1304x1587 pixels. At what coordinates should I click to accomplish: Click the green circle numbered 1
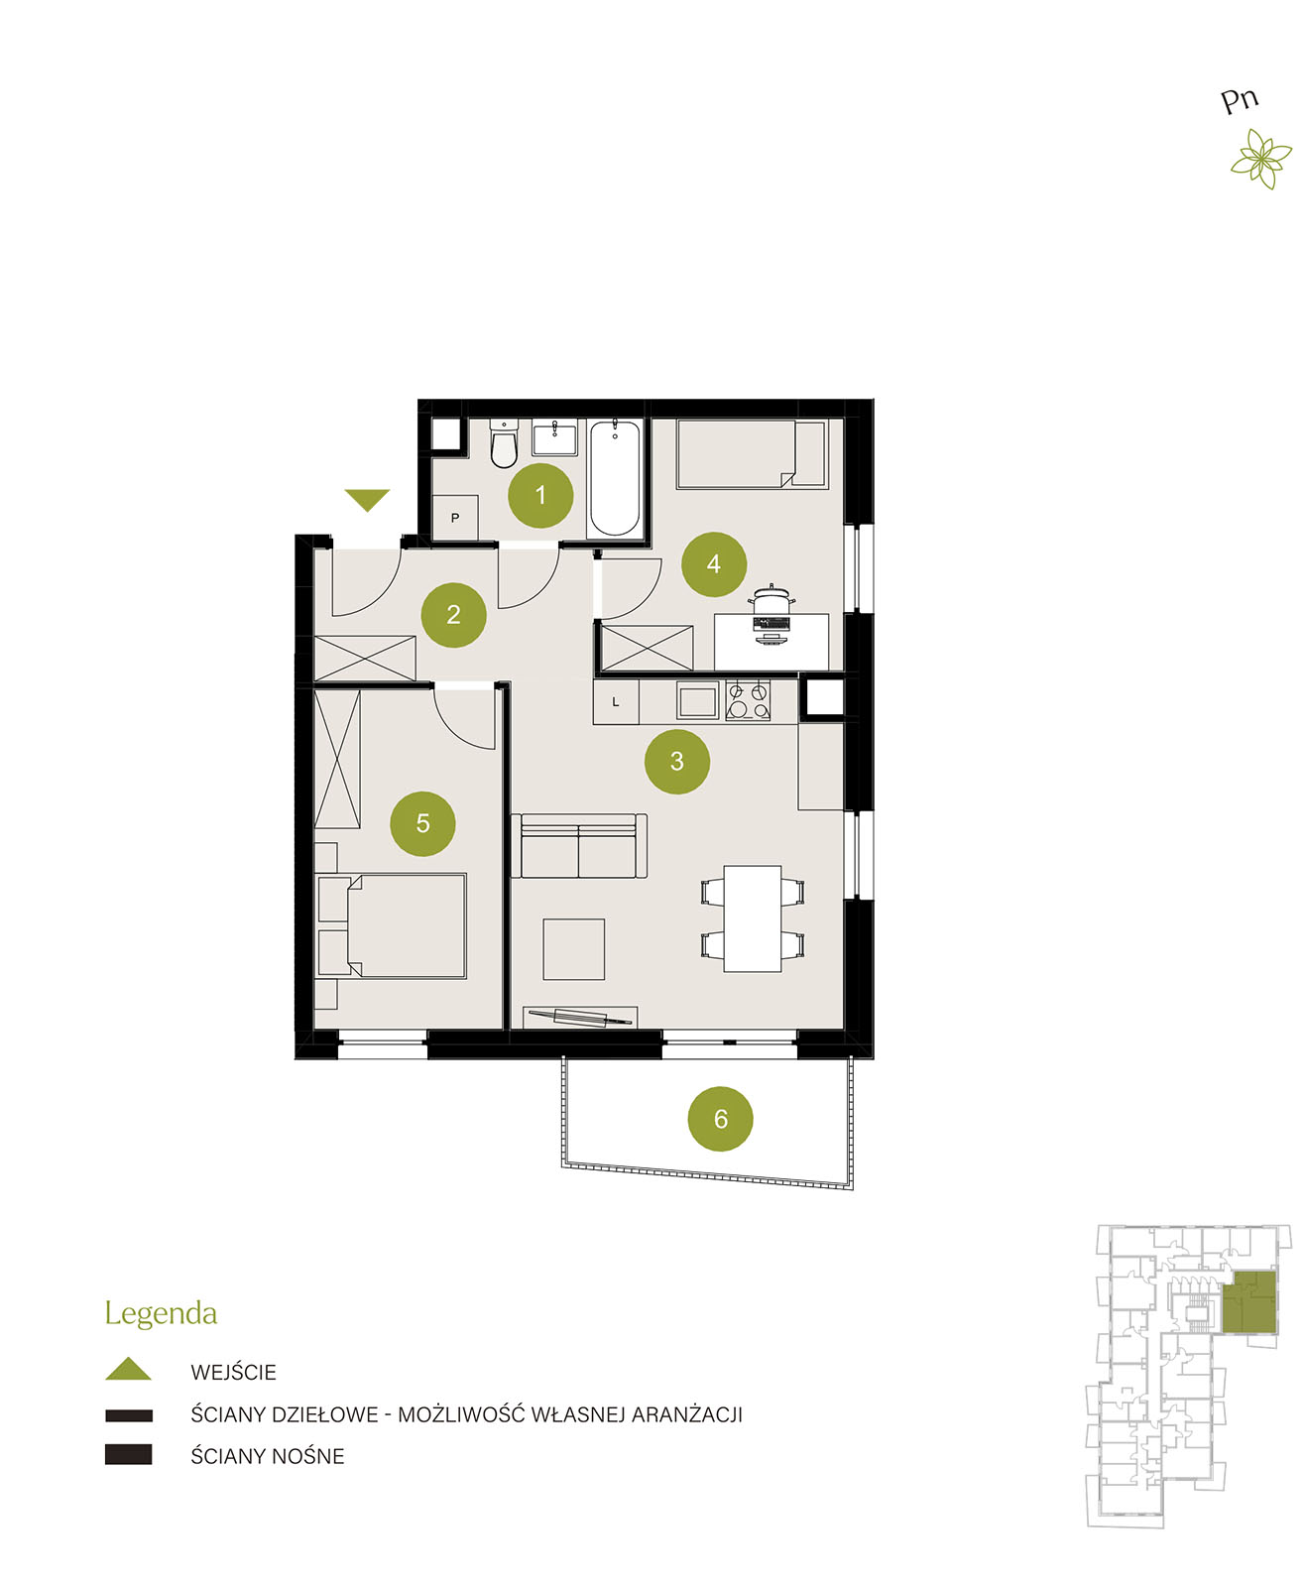(540, 495)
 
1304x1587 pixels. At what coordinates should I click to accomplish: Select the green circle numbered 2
(453, 615)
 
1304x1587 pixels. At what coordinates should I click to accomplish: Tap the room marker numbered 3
(676, 762)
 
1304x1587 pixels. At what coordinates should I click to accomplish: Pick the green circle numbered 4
(713, 563)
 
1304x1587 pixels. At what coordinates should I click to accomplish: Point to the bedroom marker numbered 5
(422, 823)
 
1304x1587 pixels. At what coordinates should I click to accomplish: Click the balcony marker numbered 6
(720, 1119)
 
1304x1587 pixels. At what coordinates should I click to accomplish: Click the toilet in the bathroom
(504, 443)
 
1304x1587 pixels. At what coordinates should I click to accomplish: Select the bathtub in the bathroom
(615, 478)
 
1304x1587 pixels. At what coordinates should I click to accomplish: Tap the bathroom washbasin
(554, 438)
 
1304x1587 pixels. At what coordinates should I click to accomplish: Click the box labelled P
(454, 517)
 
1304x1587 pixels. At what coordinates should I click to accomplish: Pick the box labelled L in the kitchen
(616, 702)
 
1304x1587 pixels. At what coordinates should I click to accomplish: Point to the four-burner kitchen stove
(747, 700)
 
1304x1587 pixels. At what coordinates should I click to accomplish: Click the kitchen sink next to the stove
(697, 700)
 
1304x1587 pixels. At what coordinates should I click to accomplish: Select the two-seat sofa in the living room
(579, 845)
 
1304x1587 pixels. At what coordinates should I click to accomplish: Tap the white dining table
(752, 918)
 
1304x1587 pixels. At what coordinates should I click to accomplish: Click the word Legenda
(161, 1313)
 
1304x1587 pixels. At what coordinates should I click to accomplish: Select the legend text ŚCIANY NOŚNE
(267, 1456)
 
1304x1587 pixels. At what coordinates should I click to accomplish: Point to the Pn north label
(1239, 101)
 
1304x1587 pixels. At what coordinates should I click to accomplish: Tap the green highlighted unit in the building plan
(1248, 1301)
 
